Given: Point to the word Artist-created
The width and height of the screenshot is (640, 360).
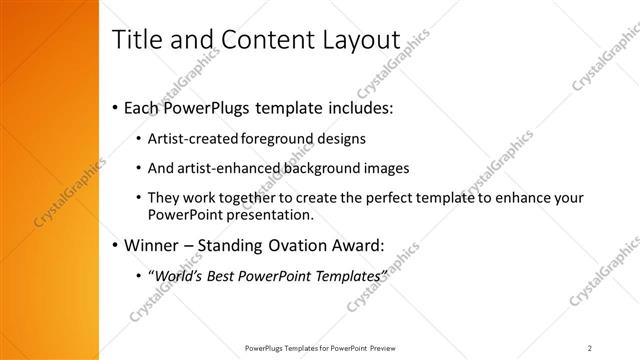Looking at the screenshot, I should [185, 140].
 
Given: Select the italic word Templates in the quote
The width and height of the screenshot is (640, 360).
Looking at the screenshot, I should [347, 275].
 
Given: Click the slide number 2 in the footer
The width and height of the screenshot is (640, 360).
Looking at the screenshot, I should [590, 347].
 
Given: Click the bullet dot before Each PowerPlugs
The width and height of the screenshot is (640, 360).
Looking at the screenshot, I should [116, 106].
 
